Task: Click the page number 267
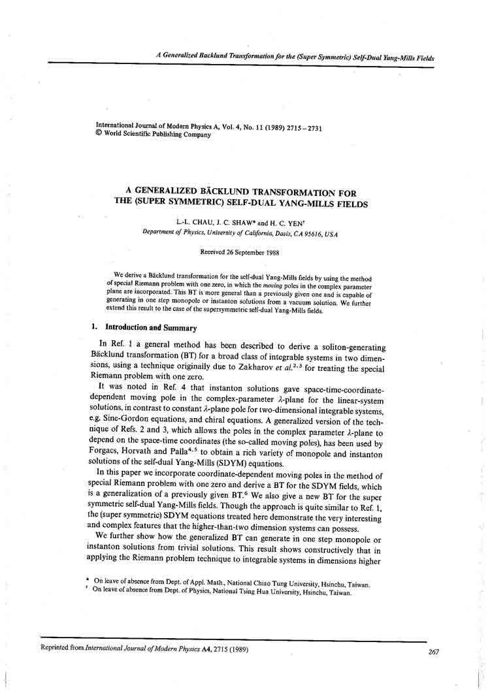(433, 651)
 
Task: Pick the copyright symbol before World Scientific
(99, 135)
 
